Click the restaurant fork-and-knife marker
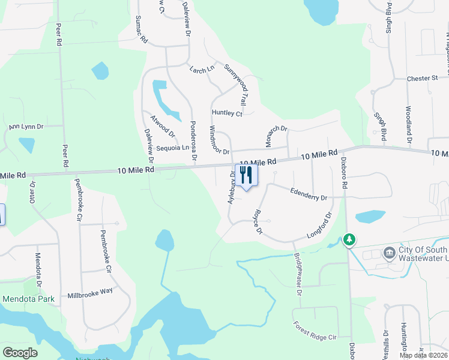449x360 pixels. (x=246, y=175)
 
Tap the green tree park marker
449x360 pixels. (x=349, y=240)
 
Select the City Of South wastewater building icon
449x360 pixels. (x=390, y=252)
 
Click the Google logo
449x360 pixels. (x=20, y=353)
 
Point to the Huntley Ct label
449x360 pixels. (x=227, y=113)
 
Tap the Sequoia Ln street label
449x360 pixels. (x=172, y=148)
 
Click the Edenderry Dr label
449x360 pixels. (x=308, y=196)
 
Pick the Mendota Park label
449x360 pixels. (x=29, y=299)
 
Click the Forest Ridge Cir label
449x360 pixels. (x=315, y=331)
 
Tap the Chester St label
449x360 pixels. (x=422, y=79)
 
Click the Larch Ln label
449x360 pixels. (x=201, y=70)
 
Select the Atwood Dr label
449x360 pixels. (x=163, y=125)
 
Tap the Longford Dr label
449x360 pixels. (x=319, y=226)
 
